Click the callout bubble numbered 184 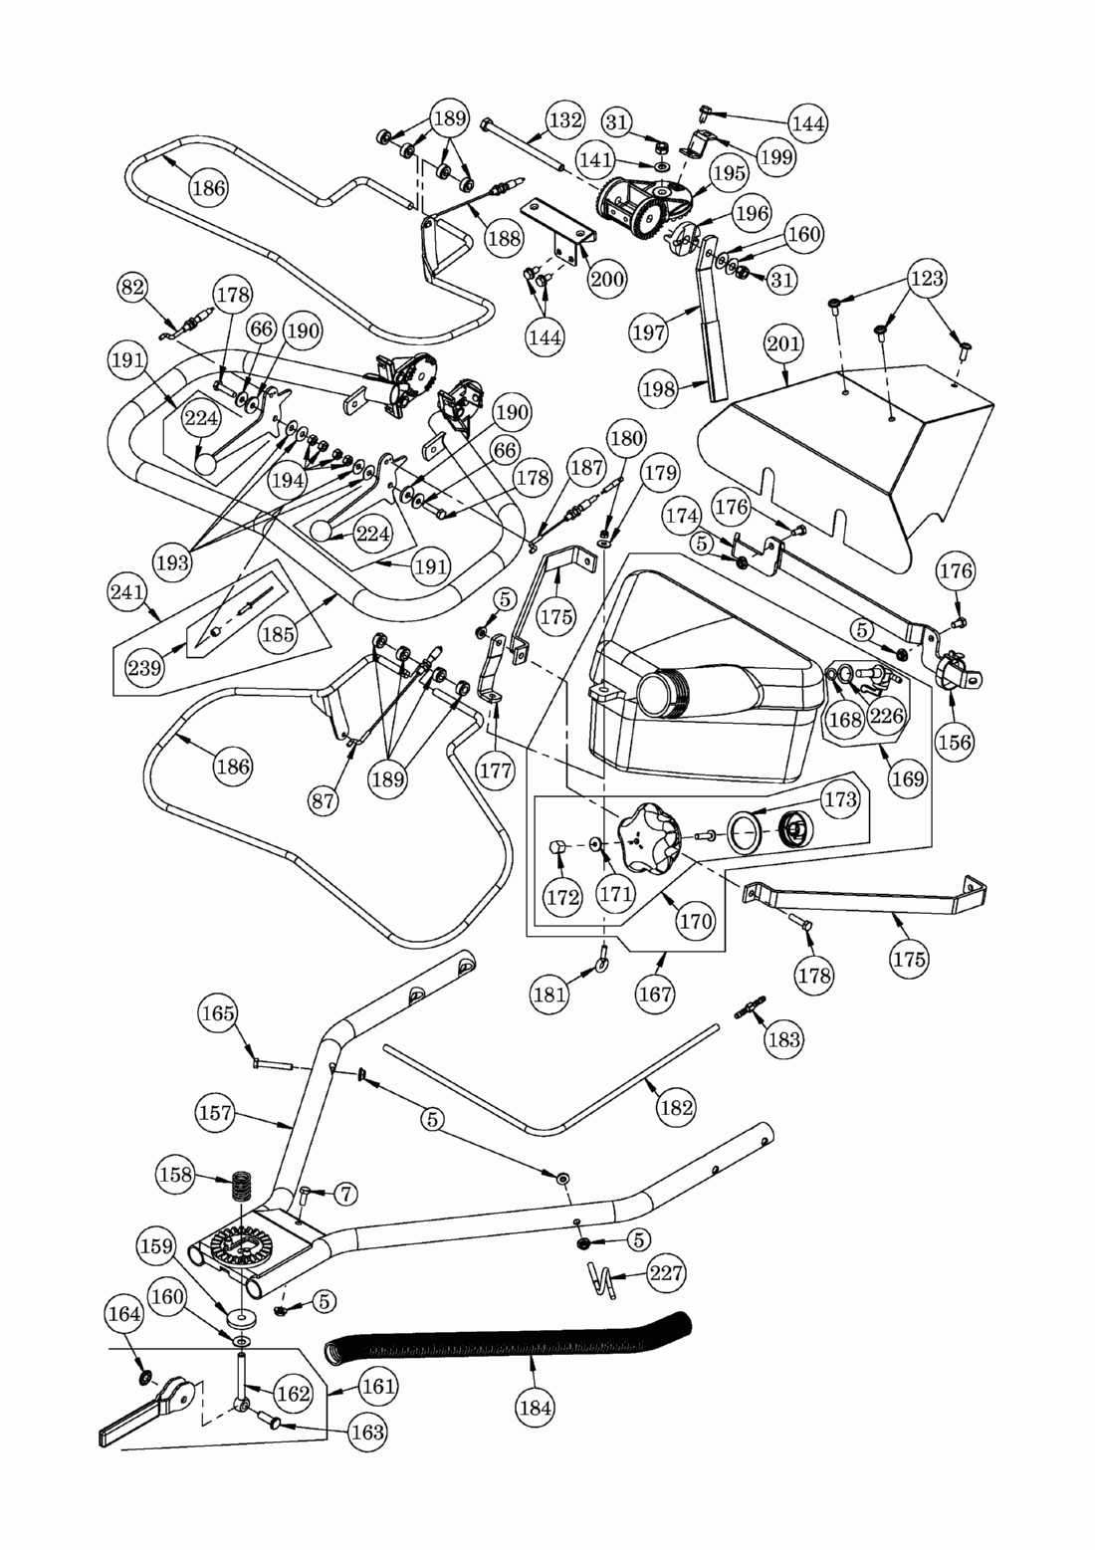(x=536, y=1407)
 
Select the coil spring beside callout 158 (x=241, y=1187)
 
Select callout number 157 (x=216, y=1114)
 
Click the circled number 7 (x=344, y=1193)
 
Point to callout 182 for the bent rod (x=676, y=1107)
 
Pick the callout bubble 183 (x=784, y=1038)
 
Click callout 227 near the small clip (x=666, y=1272)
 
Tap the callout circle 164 (x=124, y=1314)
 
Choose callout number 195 (x=729, y=172)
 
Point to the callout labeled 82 (x=133, y=288)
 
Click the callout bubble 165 (x=218, y=1014)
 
